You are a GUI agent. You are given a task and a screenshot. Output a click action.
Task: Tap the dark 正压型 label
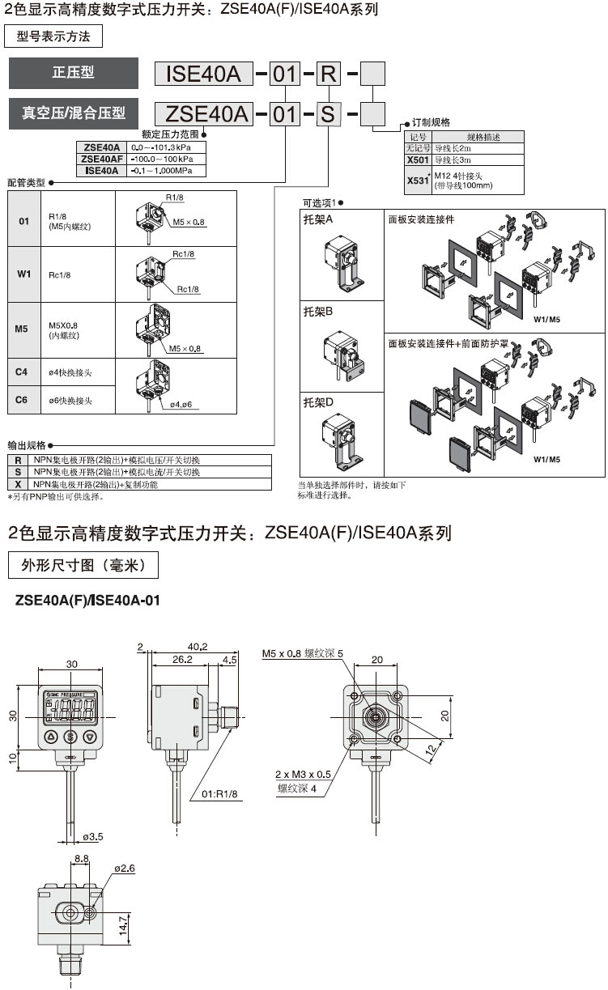point(73,73)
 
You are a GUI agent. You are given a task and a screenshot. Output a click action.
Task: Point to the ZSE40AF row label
point(102,159)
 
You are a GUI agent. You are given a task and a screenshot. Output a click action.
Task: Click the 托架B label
point(318,310)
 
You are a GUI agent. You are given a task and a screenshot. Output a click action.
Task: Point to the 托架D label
point(318,402)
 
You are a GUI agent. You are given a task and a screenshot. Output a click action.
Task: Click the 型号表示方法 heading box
point(53,36)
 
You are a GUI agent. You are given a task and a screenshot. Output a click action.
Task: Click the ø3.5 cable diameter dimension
point(93,836)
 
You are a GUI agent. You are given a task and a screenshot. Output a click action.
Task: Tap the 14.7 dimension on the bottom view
point(124,922)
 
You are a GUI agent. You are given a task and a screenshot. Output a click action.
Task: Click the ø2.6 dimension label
point(124,868)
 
